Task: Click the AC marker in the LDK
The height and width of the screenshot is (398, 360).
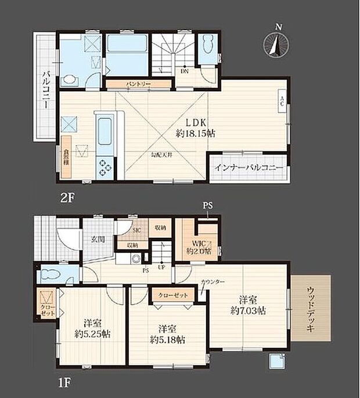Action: click(282, 102)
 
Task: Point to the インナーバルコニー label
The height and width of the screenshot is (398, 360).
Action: click(249, 167)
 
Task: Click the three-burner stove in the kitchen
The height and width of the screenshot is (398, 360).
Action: click(106, 166)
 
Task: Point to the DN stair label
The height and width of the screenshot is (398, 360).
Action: click(184, 72)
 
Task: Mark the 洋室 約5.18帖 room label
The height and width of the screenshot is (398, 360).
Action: click(167, 333)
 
